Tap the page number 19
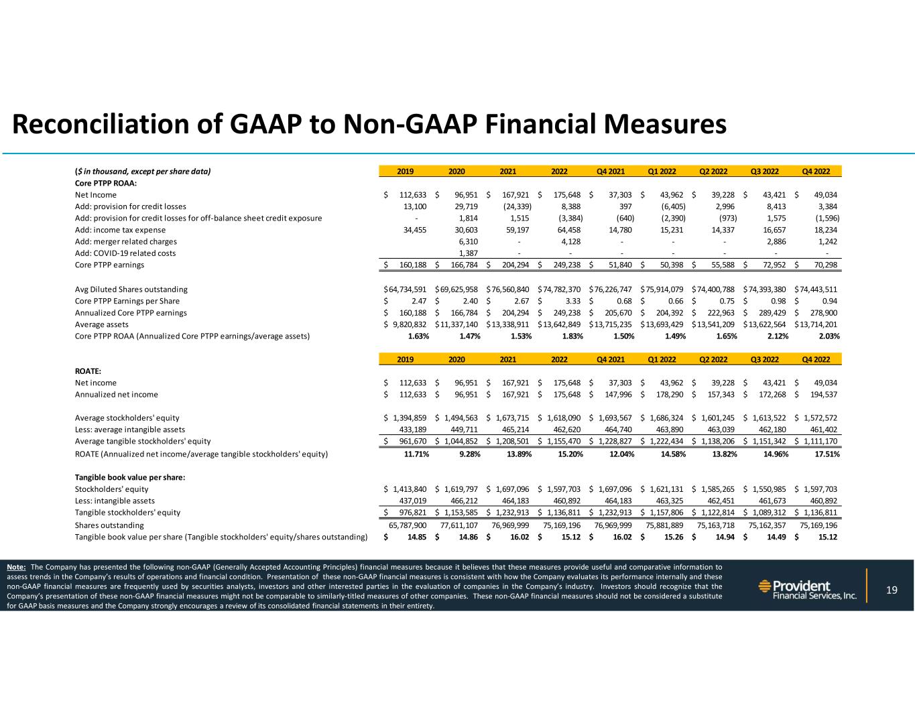click(x=892, y=590)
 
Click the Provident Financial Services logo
click(x=807, y=590)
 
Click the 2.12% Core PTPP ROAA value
click(x=776, y=336)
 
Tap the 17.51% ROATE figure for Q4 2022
click(x=827, y=454)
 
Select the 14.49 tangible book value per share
click(x=776, y=537)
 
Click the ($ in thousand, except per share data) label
click(x=142, y=172)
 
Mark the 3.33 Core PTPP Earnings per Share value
click(x=570, y=301)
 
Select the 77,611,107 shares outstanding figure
click(x=459, y=525)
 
